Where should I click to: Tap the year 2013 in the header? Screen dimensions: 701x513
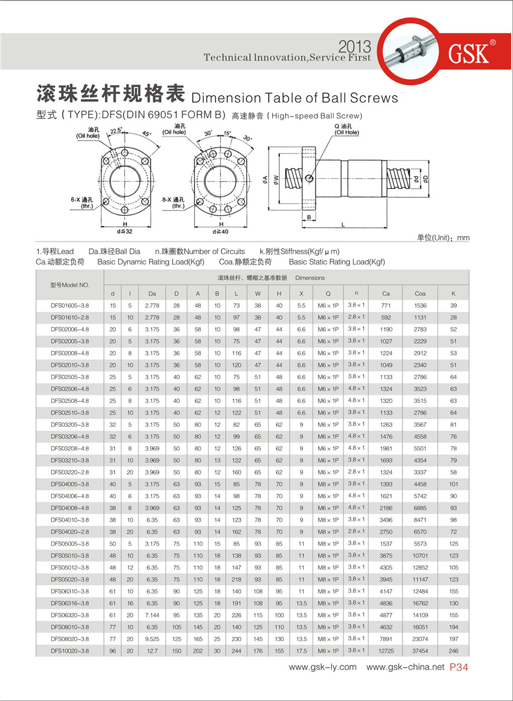click(x=355, y=46)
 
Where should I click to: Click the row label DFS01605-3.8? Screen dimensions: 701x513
click(x=70, y=306)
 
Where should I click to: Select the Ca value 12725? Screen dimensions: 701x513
click(x=386, y=651)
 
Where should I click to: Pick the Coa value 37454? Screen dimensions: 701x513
click(x=420, y=651)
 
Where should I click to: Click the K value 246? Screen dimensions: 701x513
click(x=453, y=651)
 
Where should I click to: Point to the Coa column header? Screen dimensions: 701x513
click(x=420, y=293)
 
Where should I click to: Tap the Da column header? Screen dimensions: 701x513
click(x=151, y=293)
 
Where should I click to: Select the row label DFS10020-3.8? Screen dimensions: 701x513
click(x=70, y=651)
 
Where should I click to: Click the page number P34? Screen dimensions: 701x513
click(x=459, y=667)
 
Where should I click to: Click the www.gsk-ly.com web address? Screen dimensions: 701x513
click(x=322, y=667)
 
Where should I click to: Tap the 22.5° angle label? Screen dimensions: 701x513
click(x=116, y=130)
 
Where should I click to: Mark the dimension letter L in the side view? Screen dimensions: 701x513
click(x=343, y=225)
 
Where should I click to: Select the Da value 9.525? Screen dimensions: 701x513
click(x=151, y=639)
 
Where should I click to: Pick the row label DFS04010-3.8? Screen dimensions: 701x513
click(x=70, y=520)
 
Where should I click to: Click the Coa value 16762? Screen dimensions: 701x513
click(x=420, y=603)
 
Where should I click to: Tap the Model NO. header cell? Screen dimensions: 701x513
click(x=70, y=285)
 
